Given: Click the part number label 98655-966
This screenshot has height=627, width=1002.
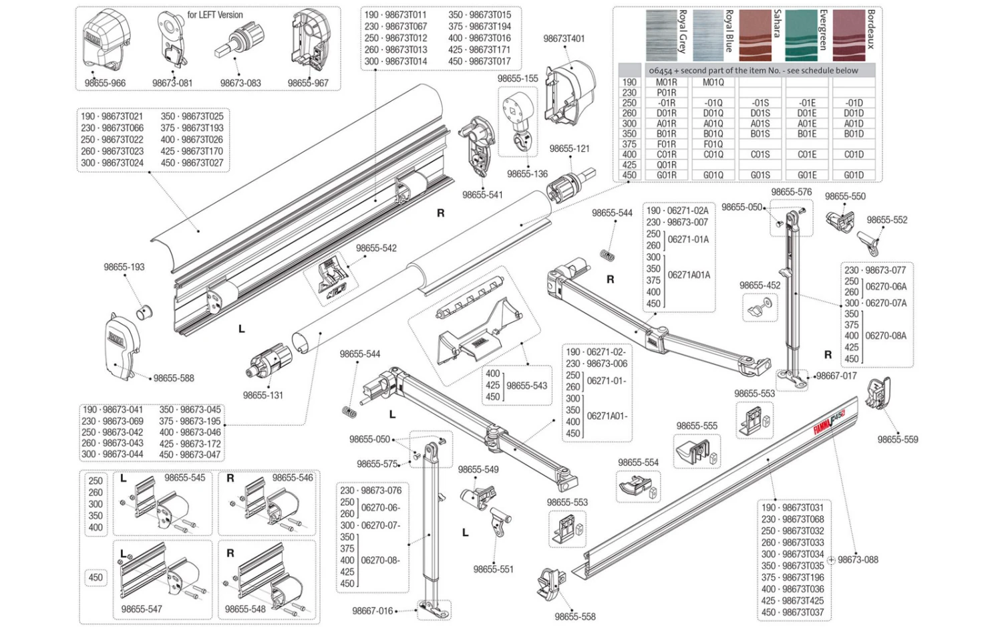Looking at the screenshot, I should tap(105, 83).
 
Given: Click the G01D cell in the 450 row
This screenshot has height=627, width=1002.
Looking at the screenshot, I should tap(853, 175).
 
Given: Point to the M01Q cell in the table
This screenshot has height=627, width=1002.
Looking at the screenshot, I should tap(713, 82).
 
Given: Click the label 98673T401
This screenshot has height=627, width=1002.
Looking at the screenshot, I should tap(564, 39).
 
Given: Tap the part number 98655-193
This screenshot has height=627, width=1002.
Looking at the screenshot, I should tap(124, 267).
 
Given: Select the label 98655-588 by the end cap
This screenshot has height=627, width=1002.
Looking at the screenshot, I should tap(174, 378).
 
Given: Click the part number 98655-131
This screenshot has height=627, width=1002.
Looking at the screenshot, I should tap(263, 395).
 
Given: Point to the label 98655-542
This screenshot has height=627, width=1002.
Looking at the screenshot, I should tap(376, 248).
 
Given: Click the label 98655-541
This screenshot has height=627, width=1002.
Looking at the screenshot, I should tap(482, 195).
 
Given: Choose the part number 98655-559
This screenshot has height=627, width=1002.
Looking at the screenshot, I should tap(897, 439).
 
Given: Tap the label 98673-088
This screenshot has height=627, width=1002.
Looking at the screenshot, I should tap(858, 559).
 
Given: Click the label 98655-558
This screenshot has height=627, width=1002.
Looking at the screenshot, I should tap(574, 616).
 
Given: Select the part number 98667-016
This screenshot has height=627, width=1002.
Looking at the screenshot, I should tap(373, 610).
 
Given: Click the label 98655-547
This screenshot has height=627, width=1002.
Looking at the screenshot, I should tap(142, 609).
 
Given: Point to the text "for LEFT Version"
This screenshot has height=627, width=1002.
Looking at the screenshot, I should tap(214, 15).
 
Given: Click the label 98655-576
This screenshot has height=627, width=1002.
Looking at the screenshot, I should tap(791, 192).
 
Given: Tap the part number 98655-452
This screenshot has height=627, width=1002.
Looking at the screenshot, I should tap(760, 285).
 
